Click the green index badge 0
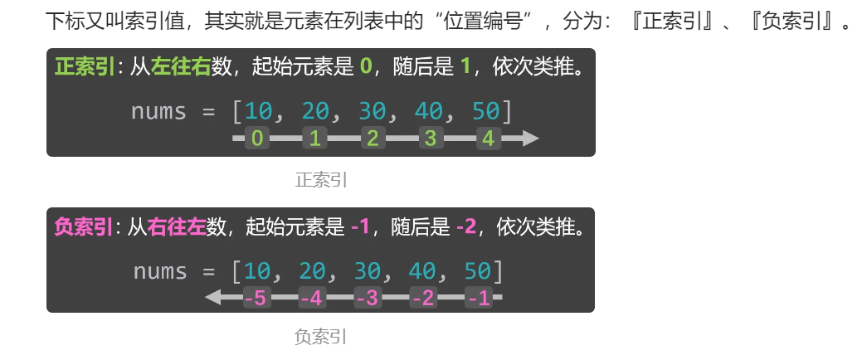[x=257, y=139]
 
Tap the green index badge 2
[x=373, y=139]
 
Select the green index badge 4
[x=488, y=139]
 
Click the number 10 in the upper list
[x=259, y=111]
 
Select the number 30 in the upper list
[x=373, y=111]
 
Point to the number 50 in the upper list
[x=486, y=111]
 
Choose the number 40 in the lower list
[x=423, y=271]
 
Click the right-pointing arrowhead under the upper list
[x=531, y=139]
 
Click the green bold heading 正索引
[x=84, y=66]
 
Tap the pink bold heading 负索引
[x=84, y=226]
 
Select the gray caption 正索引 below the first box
[x=321, y=178]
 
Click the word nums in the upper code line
[x=158, y=111]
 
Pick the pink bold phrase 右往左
[x=176, y=226]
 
